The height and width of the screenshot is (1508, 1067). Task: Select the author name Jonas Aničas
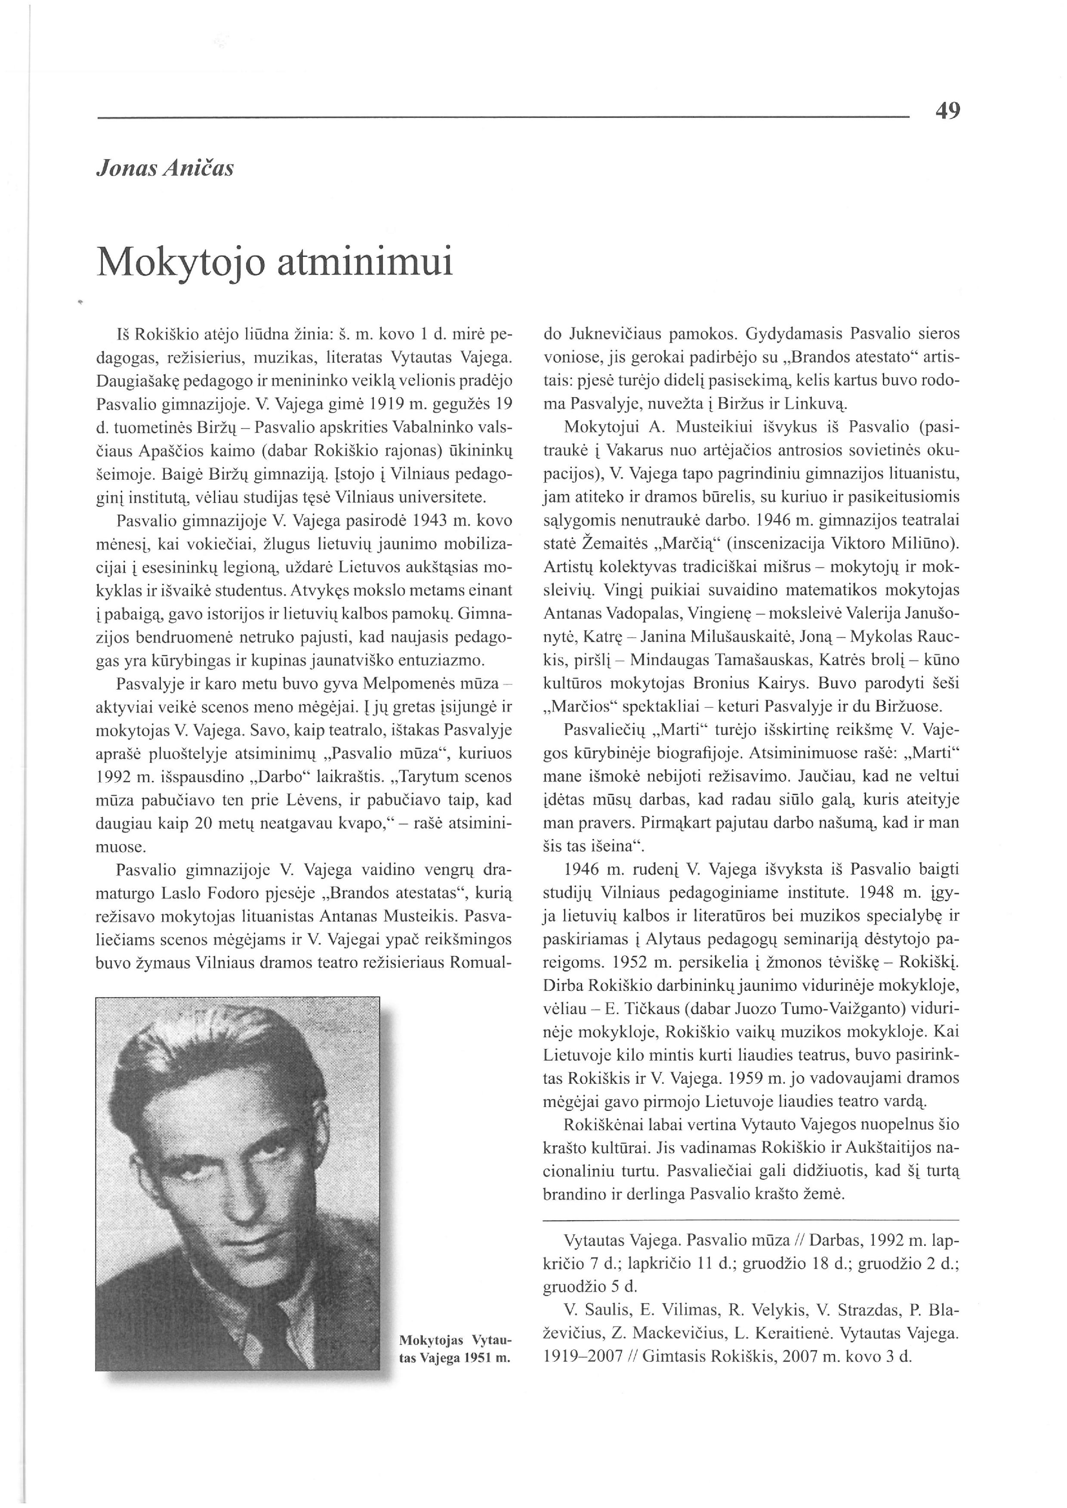coord(165,169)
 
